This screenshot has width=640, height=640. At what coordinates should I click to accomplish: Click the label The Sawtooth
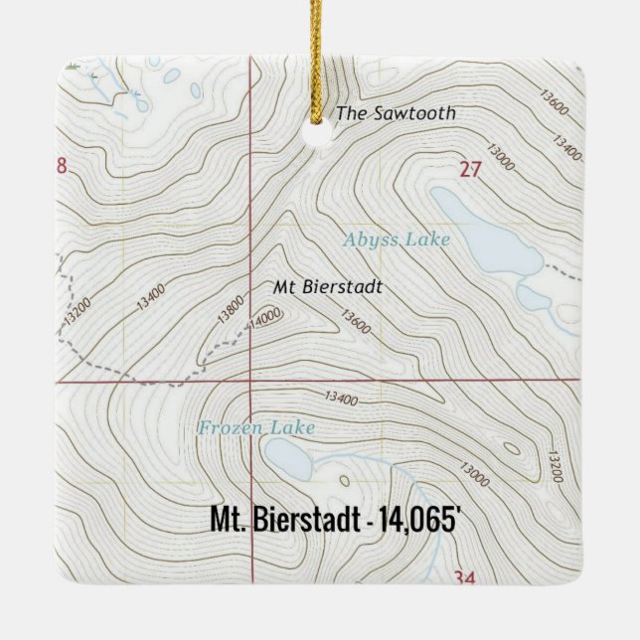coord(396,113)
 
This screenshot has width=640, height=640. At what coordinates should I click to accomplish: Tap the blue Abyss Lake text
coord(397,240)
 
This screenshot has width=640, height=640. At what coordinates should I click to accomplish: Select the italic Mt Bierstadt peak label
coord(328,287)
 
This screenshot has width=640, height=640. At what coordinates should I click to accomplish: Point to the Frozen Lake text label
coord(256,428)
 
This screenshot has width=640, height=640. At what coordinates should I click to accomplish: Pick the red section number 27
coord(470,170)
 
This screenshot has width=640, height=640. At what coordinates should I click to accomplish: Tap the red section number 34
coord(463,577)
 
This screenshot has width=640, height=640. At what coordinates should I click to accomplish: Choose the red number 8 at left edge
coord(62,166)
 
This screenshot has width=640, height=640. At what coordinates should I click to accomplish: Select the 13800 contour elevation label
coord(228,311)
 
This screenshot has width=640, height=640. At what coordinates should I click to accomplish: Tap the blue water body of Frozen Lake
coord(288,459)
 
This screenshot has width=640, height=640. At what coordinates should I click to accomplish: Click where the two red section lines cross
coord(250,381)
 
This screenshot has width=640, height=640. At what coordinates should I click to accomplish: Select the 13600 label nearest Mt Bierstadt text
coord(355,322)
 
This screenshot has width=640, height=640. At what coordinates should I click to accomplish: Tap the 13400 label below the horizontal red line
coord(340,400)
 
